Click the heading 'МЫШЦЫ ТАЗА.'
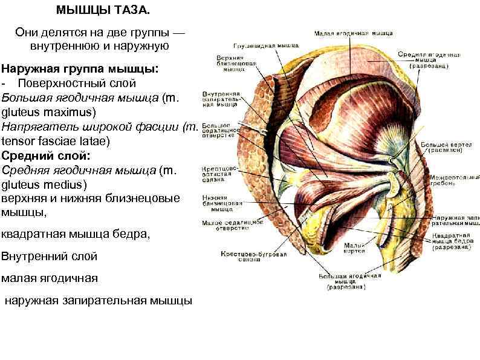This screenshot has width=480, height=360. [x=95, y=10]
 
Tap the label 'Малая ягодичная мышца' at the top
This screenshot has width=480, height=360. [x=354, y=33]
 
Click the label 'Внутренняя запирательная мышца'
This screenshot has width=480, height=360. [x=224, y=99]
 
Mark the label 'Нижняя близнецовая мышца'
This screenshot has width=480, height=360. [x=224, y=202]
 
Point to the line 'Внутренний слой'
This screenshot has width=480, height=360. [x=50, y=256]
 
